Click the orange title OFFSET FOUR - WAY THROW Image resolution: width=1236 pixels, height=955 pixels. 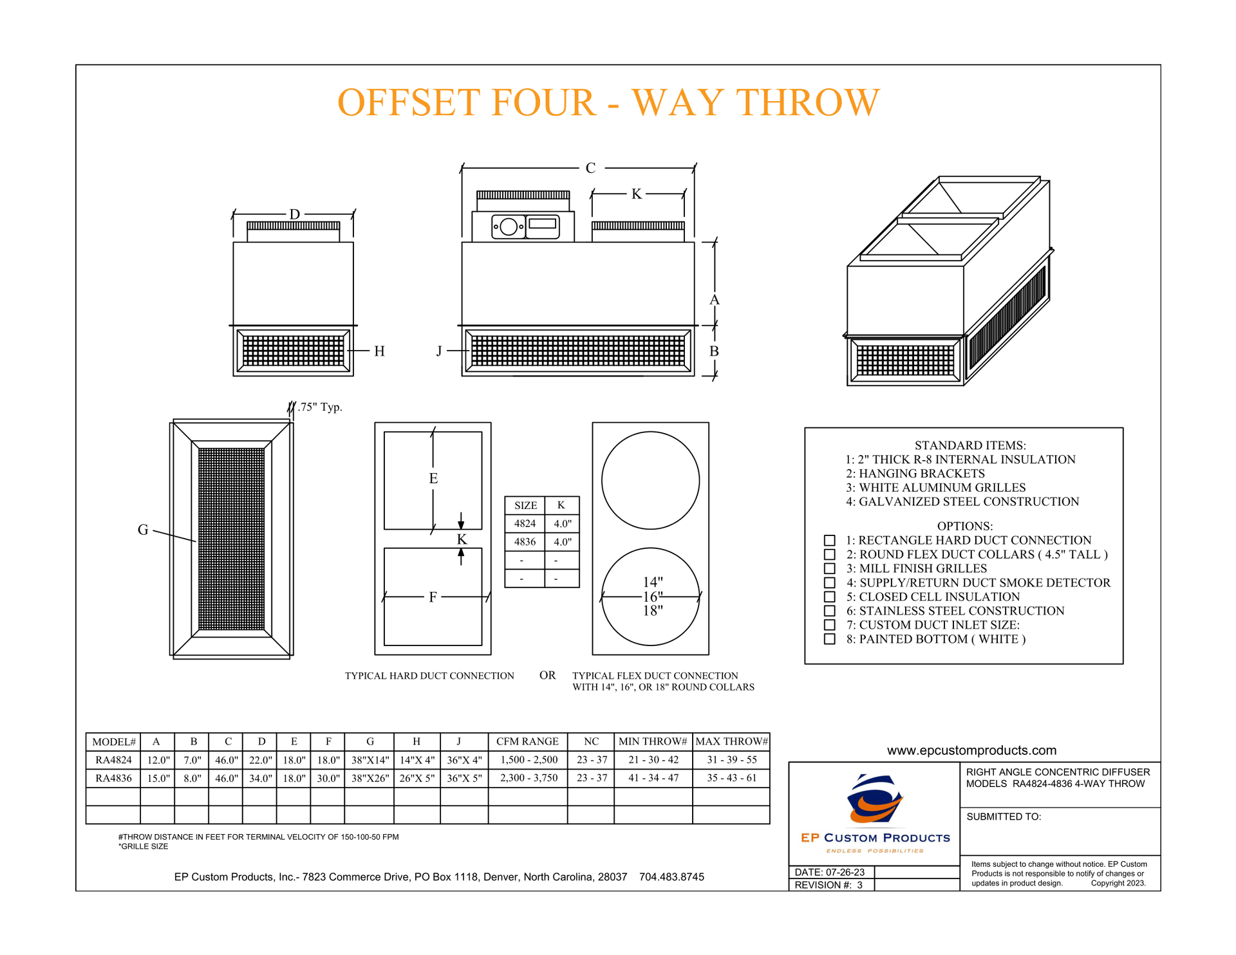608,103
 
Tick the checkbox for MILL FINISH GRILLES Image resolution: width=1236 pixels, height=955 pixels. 830,569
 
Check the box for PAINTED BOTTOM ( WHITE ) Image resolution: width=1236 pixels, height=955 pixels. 830,639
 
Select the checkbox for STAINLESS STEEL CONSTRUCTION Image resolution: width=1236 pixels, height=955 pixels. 830,611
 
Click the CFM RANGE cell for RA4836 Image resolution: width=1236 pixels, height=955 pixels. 528,778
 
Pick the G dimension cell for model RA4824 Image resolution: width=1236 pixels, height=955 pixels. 370,760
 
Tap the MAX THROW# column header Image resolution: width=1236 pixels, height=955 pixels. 731,741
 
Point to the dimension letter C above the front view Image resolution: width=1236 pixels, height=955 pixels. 590,169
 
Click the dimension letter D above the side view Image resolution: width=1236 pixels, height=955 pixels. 294,214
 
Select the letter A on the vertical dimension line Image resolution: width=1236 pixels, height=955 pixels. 714,300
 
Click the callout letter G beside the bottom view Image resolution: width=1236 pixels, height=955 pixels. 143,530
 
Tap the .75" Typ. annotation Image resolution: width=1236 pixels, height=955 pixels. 320,407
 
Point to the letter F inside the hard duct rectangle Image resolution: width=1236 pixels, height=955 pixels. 433,597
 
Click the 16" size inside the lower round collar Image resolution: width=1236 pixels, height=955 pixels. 652,597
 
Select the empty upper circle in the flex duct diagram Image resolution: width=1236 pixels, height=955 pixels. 650,481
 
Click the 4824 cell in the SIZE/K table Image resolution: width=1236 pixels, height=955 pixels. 525,524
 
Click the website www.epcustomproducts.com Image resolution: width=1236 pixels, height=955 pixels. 971,750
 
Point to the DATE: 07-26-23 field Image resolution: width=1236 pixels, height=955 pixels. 830,873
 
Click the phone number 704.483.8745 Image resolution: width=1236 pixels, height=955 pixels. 671,877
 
